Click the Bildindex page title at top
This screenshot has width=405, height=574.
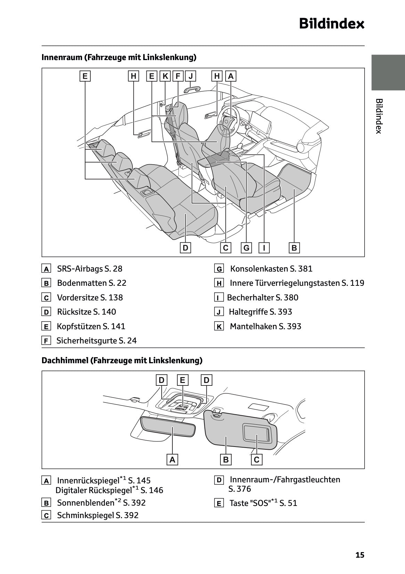click(332, 24)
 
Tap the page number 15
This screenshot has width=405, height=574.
click(360, 555)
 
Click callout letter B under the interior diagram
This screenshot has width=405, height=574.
click(294, 248)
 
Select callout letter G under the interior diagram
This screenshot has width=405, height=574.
click(246, 248)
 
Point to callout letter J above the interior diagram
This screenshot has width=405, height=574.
click(191, 76)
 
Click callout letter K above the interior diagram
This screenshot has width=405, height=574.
click(165, 76)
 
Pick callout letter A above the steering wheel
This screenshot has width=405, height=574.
click(230, 76)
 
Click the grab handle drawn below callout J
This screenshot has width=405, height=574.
click(192, 89)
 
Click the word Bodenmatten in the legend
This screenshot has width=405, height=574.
click(82, 283)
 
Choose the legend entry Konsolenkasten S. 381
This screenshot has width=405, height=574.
click(271, 269)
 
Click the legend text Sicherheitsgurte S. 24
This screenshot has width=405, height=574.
click(97, 341)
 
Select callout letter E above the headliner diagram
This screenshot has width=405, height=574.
click(183, 380)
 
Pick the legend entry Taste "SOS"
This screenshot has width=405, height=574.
click(263, 503)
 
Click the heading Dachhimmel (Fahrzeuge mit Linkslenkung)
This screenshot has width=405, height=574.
click(122, 360)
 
